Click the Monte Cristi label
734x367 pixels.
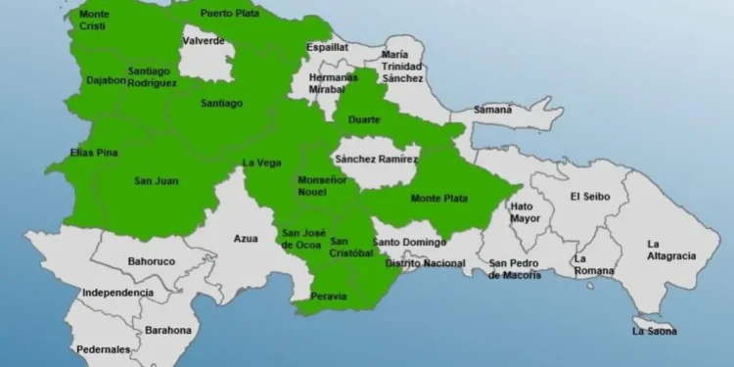(94, 20)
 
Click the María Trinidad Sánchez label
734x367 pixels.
(402, 66)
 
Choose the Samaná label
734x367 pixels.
(494, 110)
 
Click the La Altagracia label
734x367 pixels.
(670, 251)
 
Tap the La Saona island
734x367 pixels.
(652, 326)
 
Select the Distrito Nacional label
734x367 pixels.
(425, 263)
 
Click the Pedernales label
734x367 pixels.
(104, 348)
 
